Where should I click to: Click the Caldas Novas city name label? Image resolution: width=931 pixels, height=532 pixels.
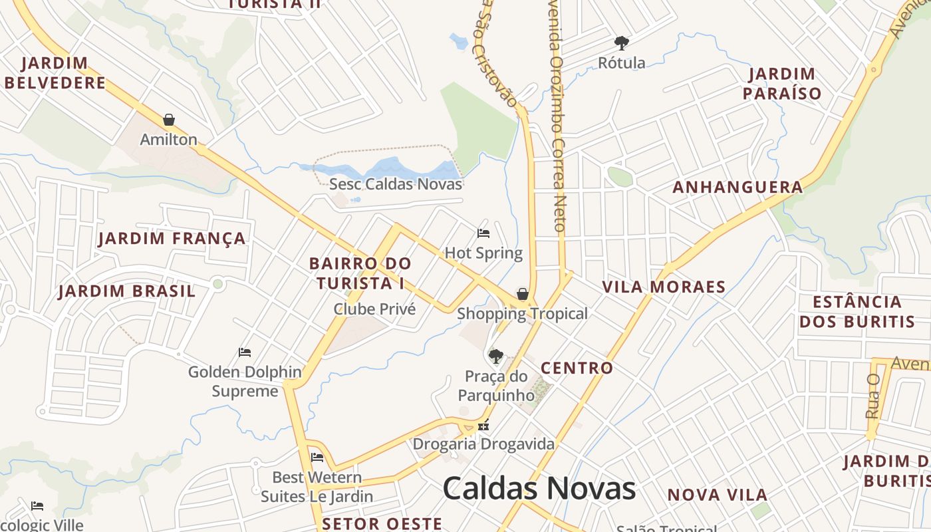(539, 489)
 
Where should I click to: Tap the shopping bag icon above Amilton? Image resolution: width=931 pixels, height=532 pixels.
(169, 120)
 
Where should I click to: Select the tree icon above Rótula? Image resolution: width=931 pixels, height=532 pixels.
(622, 43)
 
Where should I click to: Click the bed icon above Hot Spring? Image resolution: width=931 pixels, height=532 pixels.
(483, 233)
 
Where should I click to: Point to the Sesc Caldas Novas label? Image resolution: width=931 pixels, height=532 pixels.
(396, 184)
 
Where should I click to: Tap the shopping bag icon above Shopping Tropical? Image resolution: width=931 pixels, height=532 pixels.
(523, 294)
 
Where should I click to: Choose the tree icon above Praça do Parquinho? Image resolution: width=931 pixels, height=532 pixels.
(495, 356)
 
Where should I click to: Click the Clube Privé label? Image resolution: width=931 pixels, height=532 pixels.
(374, 309)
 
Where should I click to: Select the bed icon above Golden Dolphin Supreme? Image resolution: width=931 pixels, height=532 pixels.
(245, 352)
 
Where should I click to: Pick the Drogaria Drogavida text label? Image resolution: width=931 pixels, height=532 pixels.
(483, 444)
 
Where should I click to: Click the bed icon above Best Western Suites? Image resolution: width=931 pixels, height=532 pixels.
(317, 457)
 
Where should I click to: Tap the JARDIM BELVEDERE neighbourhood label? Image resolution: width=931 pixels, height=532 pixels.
(55, 73)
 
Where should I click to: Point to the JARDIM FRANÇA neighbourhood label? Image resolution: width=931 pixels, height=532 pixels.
(172, 238)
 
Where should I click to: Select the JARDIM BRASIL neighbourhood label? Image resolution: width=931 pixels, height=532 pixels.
(127, 291)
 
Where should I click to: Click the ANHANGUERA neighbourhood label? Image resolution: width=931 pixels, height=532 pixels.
(737, 188)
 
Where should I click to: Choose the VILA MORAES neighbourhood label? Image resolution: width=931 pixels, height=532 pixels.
(664, 287)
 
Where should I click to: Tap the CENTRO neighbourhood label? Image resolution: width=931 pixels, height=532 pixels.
(577, 368)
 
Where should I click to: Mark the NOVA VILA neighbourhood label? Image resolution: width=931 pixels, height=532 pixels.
(718, 495)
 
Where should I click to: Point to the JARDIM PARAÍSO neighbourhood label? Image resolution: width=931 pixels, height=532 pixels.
(782, 84)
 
